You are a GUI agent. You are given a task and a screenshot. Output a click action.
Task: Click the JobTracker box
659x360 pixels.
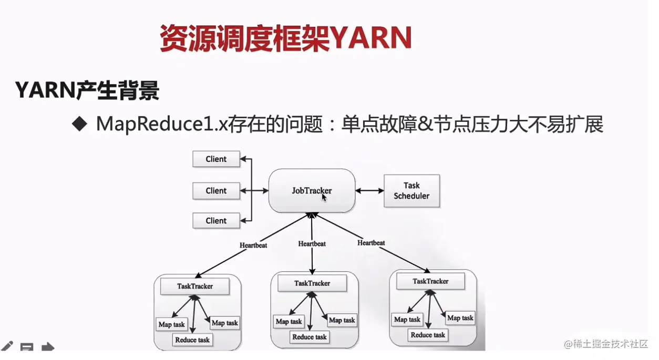[312, 190]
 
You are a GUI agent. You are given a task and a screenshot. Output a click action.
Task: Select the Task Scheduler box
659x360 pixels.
[411, 191]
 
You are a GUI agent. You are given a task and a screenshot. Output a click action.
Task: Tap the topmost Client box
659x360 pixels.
[216, 159]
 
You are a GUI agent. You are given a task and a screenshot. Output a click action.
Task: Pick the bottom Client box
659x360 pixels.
[216, 221]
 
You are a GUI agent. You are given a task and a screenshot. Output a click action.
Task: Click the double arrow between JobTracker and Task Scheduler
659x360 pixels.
[370, 191]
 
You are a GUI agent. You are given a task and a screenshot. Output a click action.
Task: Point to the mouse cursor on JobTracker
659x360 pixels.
[324, 197]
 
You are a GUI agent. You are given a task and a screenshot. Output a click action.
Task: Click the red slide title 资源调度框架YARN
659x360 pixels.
[285, 38]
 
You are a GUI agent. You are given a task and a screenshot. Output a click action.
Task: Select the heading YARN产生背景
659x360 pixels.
[87, 91]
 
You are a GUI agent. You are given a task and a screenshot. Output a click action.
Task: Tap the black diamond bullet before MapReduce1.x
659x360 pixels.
[79, 124]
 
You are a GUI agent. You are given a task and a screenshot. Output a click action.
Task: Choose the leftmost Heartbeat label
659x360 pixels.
[253, 245]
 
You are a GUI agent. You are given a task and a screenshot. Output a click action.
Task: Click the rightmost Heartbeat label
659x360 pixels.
[371, 243]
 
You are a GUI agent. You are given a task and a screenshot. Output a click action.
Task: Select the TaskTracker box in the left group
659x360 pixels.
[194, 286]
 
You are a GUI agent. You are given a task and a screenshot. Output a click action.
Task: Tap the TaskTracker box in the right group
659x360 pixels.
[430, 281]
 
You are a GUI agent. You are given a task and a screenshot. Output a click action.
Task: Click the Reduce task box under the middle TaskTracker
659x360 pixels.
[310, 337]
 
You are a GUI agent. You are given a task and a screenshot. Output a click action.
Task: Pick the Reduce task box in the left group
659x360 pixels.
[192, 340]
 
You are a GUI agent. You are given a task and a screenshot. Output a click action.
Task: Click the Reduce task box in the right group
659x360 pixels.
[428, 335]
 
